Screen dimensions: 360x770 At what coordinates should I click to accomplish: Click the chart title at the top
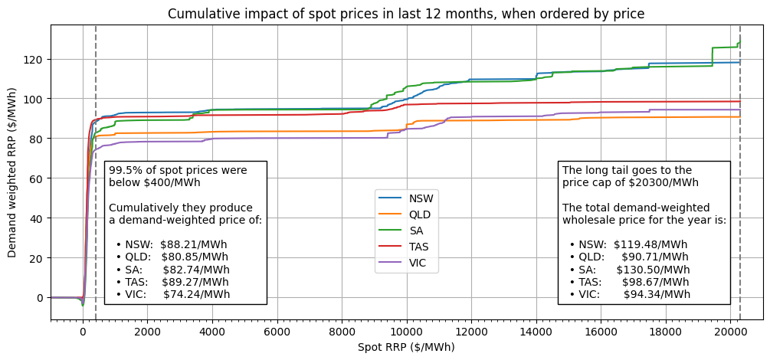406,14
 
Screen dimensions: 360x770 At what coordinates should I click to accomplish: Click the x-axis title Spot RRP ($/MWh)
406,347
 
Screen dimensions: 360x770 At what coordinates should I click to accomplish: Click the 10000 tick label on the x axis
407,332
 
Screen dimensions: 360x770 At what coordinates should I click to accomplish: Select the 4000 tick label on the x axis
212,332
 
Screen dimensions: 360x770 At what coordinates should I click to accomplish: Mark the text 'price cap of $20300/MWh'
630,182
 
